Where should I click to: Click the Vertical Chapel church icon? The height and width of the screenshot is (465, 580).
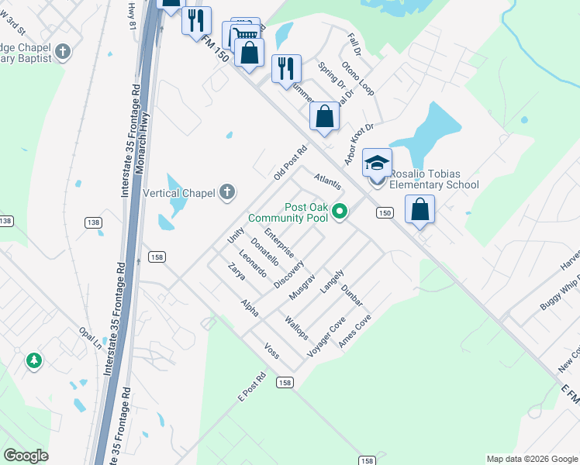[226, 192]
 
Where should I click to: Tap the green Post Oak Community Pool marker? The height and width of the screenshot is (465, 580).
[340, 211]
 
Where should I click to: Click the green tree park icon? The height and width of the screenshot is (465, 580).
[33, 360]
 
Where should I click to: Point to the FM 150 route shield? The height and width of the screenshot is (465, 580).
[384, 212]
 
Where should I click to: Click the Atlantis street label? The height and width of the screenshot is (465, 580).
[327, 183]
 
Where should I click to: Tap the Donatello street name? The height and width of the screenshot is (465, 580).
[264, 251]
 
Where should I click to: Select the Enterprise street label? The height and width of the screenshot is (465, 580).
[278, 243]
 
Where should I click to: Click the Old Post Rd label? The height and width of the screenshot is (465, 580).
[291, 163]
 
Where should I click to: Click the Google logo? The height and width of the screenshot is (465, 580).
[26, 456]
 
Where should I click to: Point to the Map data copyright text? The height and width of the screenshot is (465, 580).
[530, 459]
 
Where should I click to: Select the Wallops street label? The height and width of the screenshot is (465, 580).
[297, 328]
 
